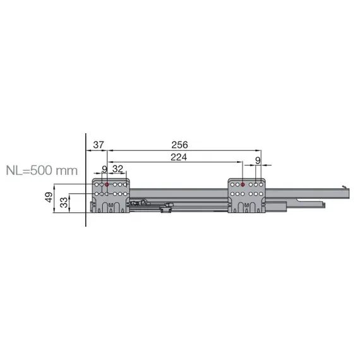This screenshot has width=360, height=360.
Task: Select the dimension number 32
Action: [x=117, y=169]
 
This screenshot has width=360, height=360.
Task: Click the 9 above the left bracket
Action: [x=104, y=169]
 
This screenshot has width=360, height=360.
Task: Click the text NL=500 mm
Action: [x=41, y=171]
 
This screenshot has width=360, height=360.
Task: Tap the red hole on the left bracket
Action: [x=107, y=184]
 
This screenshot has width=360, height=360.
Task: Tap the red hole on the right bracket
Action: [x=243, y=184]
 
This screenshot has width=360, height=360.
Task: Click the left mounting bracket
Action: [x=112, y=196]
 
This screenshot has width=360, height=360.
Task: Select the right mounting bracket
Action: [x=248, y=196]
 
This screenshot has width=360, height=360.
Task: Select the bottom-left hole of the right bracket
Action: [x=232, y=193]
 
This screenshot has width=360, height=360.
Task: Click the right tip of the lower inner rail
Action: [x=325, y=204]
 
